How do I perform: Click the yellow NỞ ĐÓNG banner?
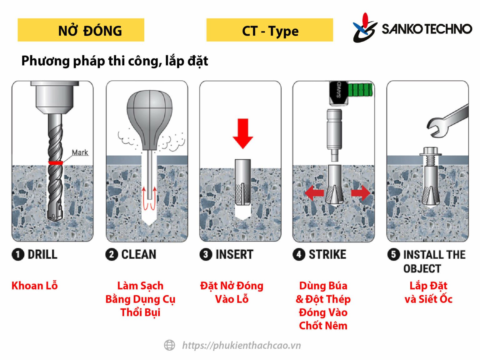(81, 30)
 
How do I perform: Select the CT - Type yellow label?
(269, 30)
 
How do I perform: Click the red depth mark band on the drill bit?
(55, 162)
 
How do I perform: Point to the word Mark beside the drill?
(80, 152)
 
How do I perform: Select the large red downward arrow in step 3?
(242, 133)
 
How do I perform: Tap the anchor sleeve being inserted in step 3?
(242, 182)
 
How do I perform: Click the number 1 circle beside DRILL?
(18, 254)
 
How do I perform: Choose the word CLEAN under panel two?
(138, 254)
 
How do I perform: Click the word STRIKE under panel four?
(327, 254)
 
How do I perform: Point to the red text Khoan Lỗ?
(34, 286)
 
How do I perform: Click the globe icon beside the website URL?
(169, 345)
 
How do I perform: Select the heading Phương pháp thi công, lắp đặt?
(114, 61)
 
